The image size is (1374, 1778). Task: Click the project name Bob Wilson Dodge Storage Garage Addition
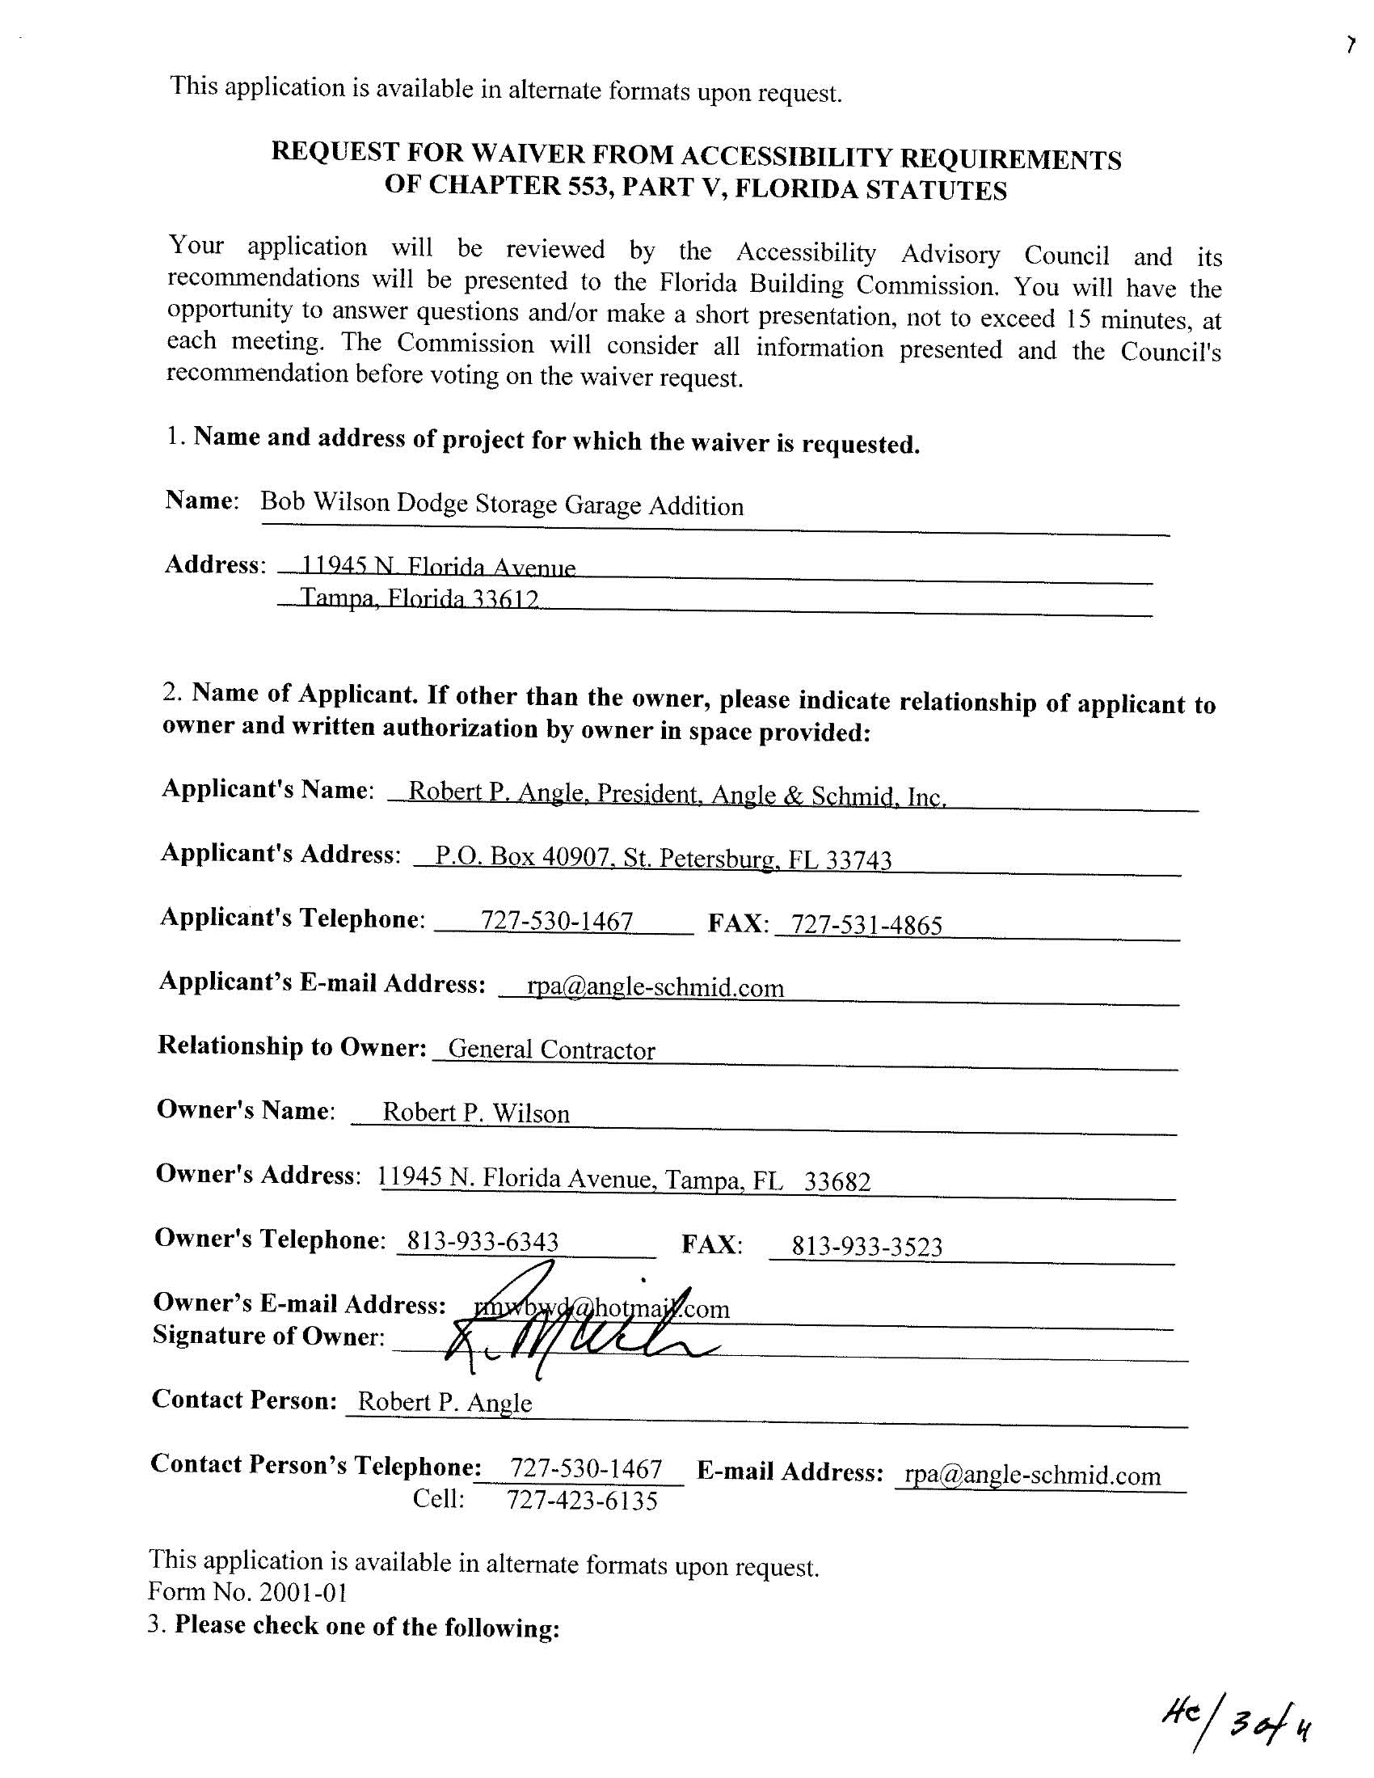point(501,504)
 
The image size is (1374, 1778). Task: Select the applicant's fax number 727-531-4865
point(866,925)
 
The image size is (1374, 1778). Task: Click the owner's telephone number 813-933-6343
point(483,1241)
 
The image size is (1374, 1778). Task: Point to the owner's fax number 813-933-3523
point(867,1247)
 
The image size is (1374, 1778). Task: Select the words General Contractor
point(551,1050)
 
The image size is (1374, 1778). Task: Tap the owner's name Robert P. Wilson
point(475,1113)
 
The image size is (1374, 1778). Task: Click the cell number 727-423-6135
point(582,1500)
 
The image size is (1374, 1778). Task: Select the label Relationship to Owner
point(292,1045)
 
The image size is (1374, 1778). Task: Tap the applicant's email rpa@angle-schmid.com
point(655,987)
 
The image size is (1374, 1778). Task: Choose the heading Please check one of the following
point(366,1627)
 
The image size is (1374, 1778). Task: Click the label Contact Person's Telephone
point(316,1464)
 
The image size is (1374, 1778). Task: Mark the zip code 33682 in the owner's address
point(837,1181)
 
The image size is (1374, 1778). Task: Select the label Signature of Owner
point(268,1336)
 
